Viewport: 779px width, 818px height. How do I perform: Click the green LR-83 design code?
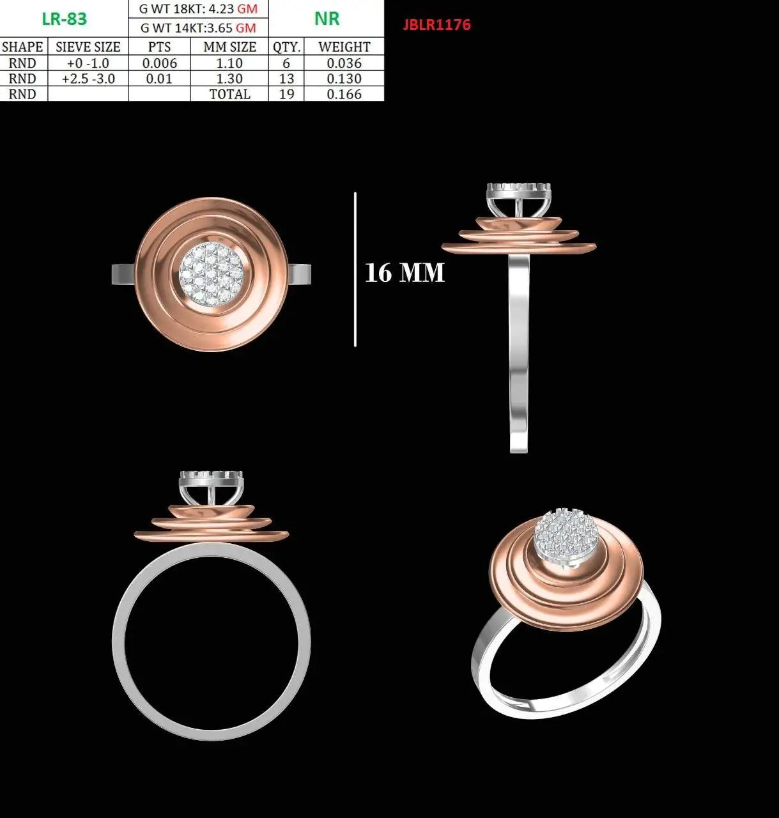[x=65, y=19]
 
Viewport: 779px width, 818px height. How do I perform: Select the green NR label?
[x=327, y=19]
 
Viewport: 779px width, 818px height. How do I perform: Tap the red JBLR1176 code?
[x=436, y=24]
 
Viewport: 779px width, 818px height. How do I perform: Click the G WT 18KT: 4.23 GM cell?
[x=198, y=9]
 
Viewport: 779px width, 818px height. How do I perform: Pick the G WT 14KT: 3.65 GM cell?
[x=198, y=28]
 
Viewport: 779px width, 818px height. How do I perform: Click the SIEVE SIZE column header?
[x=88, y=47]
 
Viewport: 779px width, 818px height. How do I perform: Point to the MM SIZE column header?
[x=229, y=47]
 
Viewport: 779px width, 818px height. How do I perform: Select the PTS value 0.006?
[x=159, y=63]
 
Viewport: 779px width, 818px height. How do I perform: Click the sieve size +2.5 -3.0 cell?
[x=88, y=79]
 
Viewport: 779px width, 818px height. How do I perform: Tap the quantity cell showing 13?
[x=286, y=79]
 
